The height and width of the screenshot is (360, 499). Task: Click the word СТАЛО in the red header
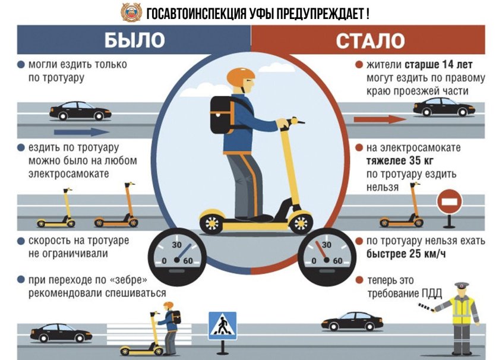coord(371,39)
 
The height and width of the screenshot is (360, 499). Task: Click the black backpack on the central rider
coord(220,114)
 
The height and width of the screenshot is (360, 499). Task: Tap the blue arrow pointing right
coord(81,132)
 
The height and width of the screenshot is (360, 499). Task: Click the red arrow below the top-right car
coord(380,119)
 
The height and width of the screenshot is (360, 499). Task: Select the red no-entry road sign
coord(449,203)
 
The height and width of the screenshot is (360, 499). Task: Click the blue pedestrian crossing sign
coord(222,326)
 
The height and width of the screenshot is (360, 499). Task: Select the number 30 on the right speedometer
coord(326,245)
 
